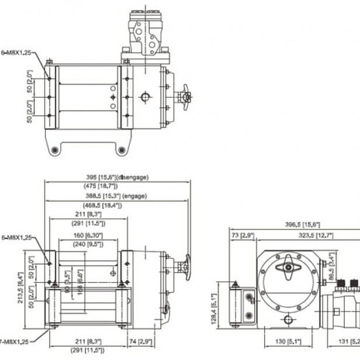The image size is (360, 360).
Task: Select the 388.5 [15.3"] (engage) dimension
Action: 116,196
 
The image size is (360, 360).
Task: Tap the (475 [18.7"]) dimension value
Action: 116,186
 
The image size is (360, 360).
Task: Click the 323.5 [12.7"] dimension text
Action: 316,235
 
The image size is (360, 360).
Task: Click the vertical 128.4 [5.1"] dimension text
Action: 215,309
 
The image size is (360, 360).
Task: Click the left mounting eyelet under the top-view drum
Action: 55,150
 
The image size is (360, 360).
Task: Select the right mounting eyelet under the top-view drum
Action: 122,150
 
